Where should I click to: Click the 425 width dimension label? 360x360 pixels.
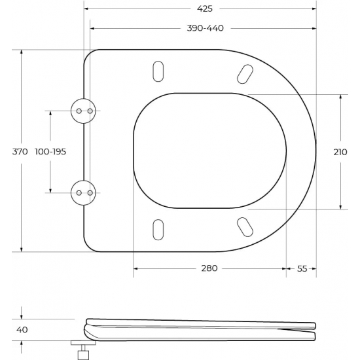(204, 9)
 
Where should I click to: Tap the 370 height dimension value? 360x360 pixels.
(20, 151)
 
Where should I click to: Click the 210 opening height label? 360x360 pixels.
(340, 151)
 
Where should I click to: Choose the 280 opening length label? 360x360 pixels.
(209, 268)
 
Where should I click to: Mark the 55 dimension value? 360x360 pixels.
(302, 268)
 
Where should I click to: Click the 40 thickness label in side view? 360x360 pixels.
(21, 330)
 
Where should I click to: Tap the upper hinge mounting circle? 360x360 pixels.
(84, 111)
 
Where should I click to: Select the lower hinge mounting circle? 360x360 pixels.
(84, 192)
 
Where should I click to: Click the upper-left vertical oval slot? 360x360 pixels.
(158, 71)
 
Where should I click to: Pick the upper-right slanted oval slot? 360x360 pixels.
(245, 73)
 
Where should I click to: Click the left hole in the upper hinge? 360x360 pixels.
(79, 111)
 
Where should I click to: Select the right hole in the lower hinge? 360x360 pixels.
(90, 192)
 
